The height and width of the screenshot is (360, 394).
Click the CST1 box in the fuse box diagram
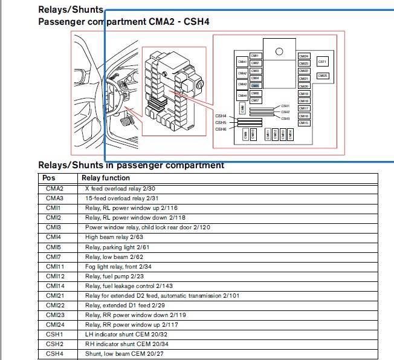[322, 62]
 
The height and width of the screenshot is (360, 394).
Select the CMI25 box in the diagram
[322, 76]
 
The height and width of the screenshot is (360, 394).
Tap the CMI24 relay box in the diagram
[303, 56]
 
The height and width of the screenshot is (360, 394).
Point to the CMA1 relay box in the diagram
[242, 62]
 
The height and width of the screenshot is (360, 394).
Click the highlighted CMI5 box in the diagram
[255, 86]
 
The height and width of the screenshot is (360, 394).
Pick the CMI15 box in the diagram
[303, 123]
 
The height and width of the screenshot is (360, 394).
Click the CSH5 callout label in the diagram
[221, 122]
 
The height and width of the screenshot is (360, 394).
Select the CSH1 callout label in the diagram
[286, 106]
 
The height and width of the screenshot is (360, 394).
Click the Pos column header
[49, 178]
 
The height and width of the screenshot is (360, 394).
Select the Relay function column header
[106, 178]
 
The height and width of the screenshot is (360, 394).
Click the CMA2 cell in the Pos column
[54, 188]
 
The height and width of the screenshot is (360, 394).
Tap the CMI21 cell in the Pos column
[54, 295]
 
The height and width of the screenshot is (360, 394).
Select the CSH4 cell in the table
[54, 353]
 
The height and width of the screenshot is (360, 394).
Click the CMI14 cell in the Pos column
[54, 286]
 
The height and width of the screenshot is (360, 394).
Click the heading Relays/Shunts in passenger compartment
[131, 165]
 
